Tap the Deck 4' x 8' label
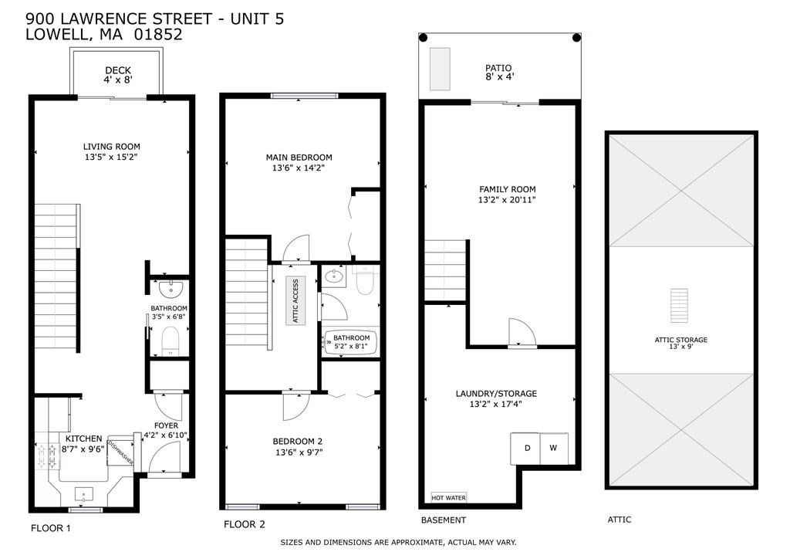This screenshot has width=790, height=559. tap(118, 75)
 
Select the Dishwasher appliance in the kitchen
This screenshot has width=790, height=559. tap(120, 451)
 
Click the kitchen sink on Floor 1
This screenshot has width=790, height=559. tap(84, 493)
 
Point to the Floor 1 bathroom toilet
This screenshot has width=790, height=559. tap(170, 340)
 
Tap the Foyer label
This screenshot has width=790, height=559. tap(166, 425)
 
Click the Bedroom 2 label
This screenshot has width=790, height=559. tap(297, 442)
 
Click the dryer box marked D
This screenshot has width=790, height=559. tap(527, 449)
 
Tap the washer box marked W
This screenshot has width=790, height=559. tap(553, 449)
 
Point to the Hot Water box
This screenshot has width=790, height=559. tap(448, 497)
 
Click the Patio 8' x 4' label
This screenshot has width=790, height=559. tap(499, 72)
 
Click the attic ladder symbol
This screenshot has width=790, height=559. tap(679, 307)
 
